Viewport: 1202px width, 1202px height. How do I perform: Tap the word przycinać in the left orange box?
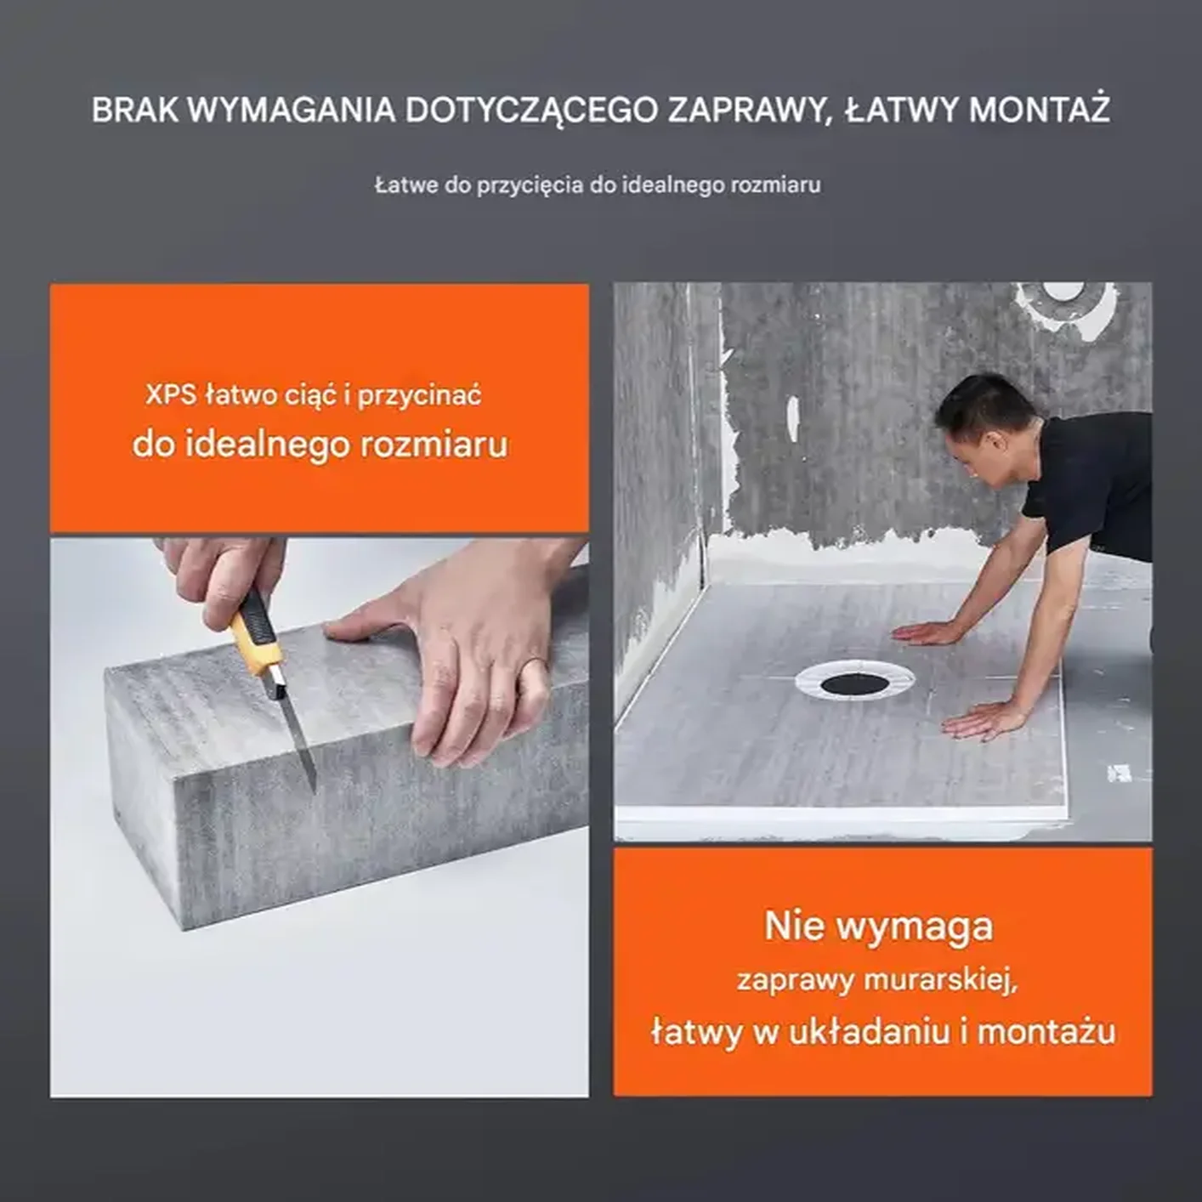419,396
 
